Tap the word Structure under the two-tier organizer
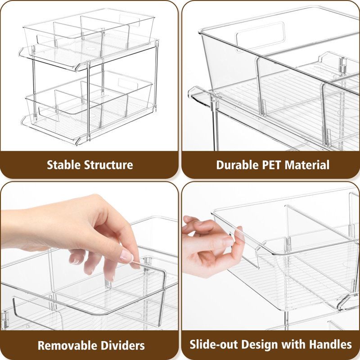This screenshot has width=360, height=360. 110,165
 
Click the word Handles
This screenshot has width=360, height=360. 330,345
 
